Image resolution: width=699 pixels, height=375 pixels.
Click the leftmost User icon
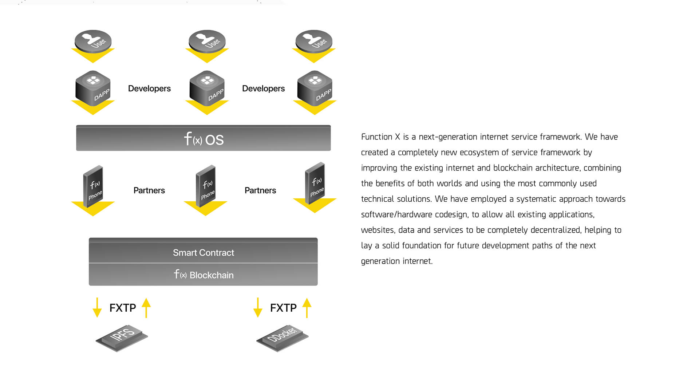93,41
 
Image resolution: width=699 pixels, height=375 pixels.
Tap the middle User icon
207,41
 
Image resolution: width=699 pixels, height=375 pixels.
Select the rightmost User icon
314,41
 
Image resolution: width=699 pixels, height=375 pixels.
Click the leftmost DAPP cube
93,88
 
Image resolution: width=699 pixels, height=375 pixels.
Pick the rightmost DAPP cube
315,88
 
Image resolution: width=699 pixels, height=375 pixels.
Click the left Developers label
149,88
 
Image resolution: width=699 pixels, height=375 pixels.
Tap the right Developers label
263,88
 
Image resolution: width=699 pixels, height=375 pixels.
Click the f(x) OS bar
204,138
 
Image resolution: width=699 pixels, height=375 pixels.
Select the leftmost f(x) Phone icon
93,186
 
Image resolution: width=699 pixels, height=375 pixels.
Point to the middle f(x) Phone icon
206,186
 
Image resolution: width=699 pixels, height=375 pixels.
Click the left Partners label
149,190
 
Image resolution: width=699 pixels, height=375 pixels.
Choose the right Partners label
260,190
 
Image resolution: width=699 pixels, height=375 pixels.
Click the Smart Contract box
203,251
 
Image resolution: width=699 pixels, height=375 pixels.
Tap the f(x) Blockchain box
203,275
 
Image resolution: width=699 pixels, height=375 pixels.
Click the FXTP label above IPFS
123,308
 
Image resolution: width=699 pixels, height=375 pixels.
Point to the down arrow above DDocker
258,308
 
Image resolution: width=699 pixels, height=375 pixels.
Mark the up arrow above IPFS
146,308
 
